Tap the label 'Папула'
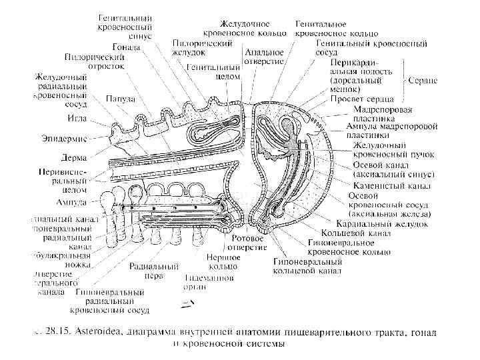click(121, 99)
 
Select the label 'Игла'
click(75, 119)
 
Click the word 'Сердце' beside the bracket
click(424, 80)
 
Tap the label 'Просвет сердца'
click(361, 99)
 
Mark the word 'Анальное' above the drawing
click(265, 51)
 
